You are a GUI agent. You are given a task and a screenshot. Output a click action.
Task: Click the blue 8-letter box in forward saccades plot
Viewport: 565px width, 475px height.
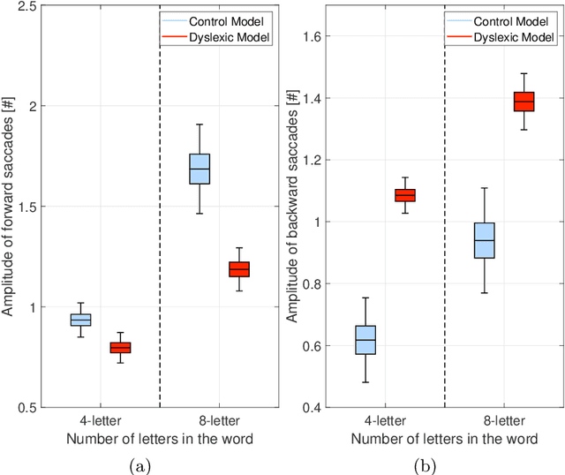(200, 169)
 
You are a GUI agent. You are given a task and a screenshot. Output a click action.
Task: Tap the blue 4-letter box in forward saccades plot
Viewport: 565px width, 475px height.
(80, 320)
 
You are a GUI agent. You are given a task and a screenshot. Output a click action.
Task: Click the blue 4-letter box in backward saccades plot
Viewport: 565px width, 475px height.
(365, 340)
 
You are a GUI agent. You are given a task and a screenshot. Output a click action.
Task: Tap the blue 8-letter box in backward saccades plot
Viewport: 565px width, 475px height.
(485, 240)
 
